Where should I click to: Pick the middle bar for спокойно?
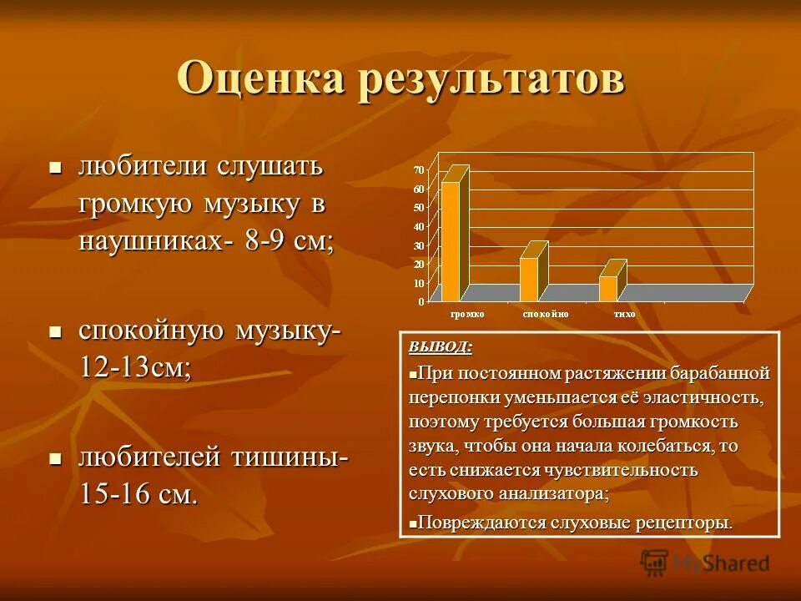529,279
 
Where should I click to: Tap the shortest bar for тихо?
608,288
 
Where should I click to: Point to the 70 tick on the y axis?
419,170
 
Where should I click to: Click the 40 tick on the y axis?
419,226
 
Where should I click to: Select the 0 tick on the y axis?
421,300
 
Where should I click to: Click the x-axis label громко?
467,314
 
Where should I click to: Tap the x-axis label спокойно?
546,314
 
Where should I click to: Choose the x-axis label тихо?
623,314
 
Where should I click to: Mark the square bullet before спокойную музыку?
56,331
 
